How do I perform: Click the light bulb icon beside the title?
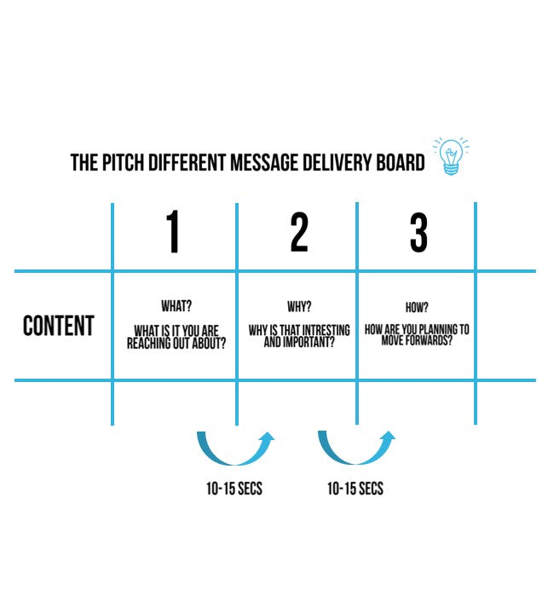pos(450,157)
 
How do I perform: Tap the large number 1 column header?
pos(173,232)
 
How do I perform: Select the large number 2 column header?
pos(298,232)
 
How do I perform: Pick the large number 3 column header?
pos(418,232)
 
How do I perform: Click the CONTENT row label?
pos(59,326)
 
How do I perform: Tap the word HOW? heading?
pos(417,306)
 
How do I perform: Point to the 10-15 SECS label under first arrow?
pos(234,489)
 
